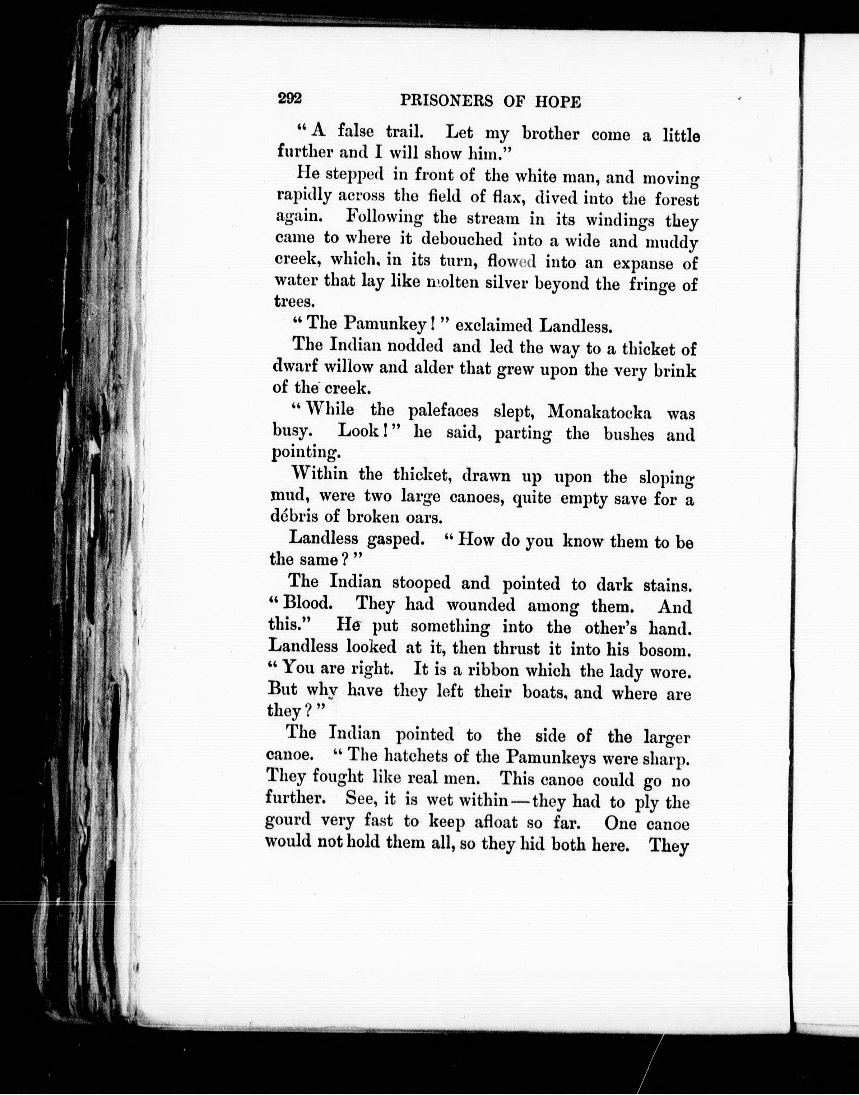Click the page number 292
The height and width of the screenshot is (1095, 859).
coord(290,98)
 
